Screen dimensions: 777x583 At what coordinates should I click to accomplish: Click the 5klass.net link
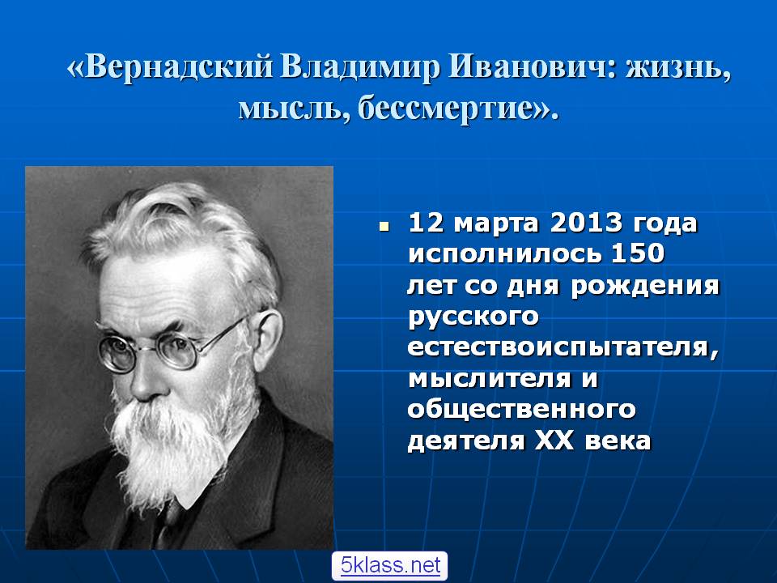pos(390,565)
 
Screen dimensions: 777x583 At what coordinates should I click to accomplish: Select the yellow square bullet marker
pos(383,228)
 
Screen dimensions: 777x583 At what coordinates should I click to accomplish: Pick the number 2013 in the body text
pos(585,223)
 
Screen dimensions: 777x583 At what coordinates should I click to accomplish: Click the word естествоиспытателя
pos(563,347)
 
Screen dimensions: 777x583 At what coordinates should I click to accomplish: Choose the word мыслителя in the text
pos(490,379)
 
